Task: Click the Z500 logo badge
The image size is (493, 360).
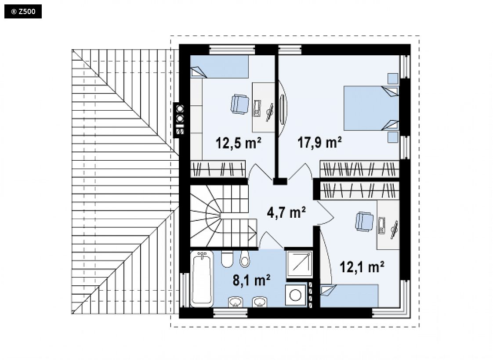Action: (x=23, y=11)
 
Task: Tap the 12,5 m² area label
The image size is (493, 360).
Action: (x=238, y=143)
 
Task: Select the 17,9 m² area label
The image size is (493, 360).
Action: (x=319, y=142)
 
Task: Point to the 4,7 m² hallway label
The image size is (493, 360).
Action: (x=286, y=212)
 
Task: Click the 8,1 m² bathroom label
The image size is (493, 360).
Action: (x=251, y=280)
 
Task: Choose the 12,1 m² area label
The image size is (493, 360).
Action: (x=362, y=267)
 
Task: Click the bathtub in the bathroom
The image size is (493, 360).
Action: (x=202, y=279)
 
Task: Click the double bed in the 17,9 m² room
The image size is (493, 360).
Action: (x=371, y=108)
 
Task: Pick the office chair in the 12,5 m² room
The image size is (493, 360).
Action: (x=240, y=104)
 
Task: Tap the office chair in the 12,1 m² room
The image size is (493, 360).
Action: (x=364, y=222)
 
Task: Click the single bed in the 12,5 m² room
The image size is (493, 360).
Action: (x=219, y=67)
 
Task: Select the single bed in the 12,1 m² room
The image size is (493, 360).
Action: (x=349, y=295)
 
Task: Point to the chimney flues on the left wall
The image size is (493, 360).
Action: (x=180, y=120)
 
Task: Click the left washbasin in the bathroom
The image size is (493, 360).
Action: (x=235, y=302)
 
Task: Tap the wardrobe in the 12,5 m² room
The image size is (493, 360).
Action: (x=218, y=169)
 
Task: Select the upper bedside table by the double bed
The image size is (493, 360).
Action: (x=393, y=79)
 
